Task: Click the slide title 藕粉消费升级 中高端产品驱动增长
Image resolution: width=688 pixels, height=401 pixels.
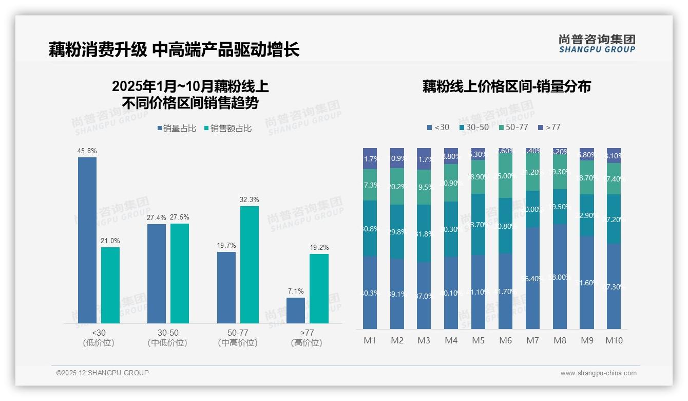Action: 174,50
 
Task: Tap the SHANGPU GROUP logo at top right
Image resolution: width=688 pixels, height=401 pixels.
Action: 597,44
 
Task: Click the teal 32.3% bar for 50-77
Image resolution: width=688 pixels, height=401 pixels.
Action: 250,265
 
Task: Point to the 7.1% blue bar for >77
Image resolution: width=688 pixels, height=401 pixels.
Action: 296,311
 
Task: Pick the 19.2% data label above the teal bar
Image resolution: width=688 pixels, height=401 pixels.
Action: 319,247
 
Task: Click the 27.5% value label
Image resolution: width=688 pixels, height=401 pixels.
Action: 180,217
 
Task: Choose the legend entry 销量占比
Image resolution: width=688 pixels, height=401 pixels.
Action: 176,129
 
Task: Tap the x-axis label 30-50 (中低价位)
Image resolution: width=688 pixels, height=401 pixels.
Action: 168,338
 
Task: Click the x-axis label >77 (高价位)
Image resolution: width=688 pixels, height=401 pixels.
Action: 307,338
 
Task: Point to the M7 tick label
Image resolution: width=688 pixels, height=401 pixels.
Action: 532,340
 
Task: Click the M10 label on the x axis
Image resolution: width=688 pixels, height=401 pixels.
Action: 614,340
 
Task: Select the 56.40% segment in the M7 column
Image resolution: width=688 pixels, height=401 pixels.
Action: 533,278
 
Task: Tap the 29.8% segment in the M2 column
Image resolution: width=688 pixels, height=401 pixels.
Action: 397,232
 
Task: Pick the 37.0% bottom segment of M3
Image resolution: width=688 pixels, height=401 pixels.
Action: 424,296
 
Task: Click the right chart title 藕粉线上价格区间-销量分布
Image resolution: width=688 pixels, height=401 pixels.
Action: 506,86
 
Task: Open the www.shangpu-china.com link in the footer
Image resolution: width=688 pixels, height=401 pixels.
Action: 598,373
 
